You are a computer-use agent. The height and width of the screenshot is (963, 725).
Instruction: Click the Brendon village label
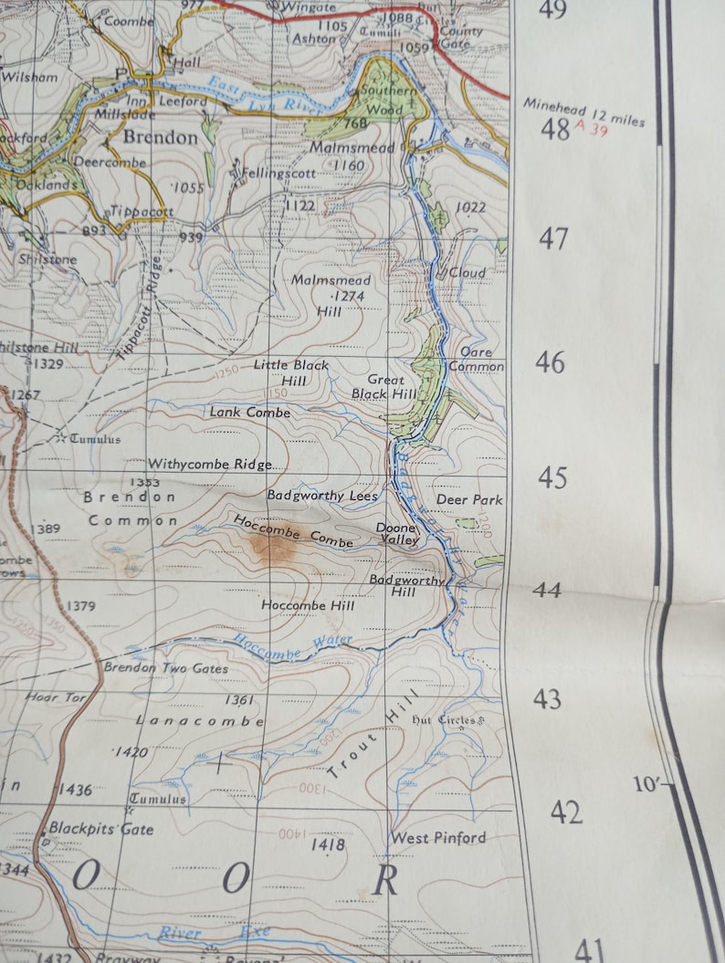pyautogui.click(x=160, y=138)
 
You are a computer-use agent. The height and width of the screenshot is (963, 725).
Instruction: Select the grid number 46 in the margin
pyautogui.click(x=551, y=362)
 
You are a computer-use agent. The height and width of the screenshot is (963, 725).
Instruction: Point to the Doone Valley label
pyautogui.click(x=398, y=534)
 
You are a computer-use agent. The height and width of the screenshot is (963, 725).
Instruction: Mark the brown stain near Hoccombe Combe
pyautogui.click(x=272, y=548)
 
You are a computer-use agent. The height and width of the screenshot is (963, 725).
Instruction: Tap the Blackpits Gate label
pyautogui.click(x=101, y=830)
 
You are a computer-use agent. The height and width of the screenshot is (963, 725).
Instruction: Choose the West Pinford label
pyautogui.click(x=438, y=838)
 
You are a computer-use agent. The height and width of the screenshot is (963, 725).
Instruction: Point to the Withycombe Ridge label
pyautogui.click(x=210, y=465)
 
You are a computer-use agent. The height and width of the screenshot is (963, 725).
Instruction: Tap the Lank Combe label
pyautogui.click(x=249, y=413)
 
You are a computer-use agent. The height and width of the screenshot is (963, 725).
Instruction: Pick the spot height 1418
pyautogui.click(x=328, y=845)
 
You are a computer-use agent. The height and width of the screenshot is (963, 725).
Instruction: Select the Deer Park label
pyautogui.click(x=469, y=500)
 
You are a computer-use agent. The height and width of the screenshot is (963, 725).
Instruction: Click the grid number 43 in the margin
pyautogui.click(x=547, y=700)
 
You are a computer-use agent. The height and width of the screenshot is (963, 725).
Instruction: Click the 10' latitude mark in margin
pyautogui.click(x=644, y=783)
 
